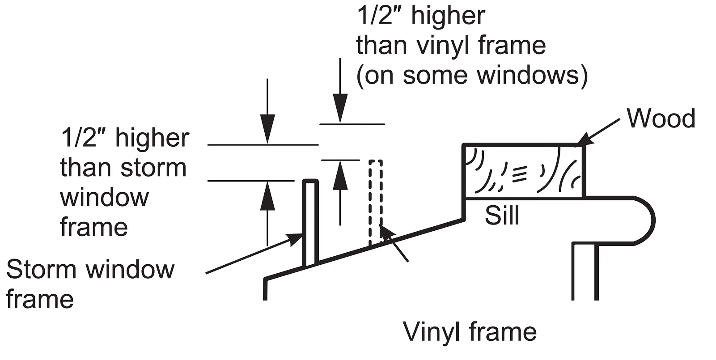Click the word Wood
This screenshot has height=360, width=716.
point(661,119)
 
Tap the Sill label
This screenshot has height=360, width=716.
point(502,216)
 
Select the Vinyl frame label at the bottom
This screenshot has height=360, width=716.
point(470,332)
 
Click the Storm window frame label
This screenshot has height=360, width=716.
point(89,284)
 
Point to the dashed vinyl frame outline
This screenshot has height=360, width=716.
point(376,201)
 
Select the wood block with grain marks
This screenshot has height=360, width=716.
point(523,171)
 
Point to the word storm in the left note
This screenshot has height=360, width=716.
point(153,168)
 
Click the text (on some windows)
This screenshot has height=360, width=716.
point(472,75)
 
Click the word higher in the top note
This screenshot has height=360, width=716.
point(448,16)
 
